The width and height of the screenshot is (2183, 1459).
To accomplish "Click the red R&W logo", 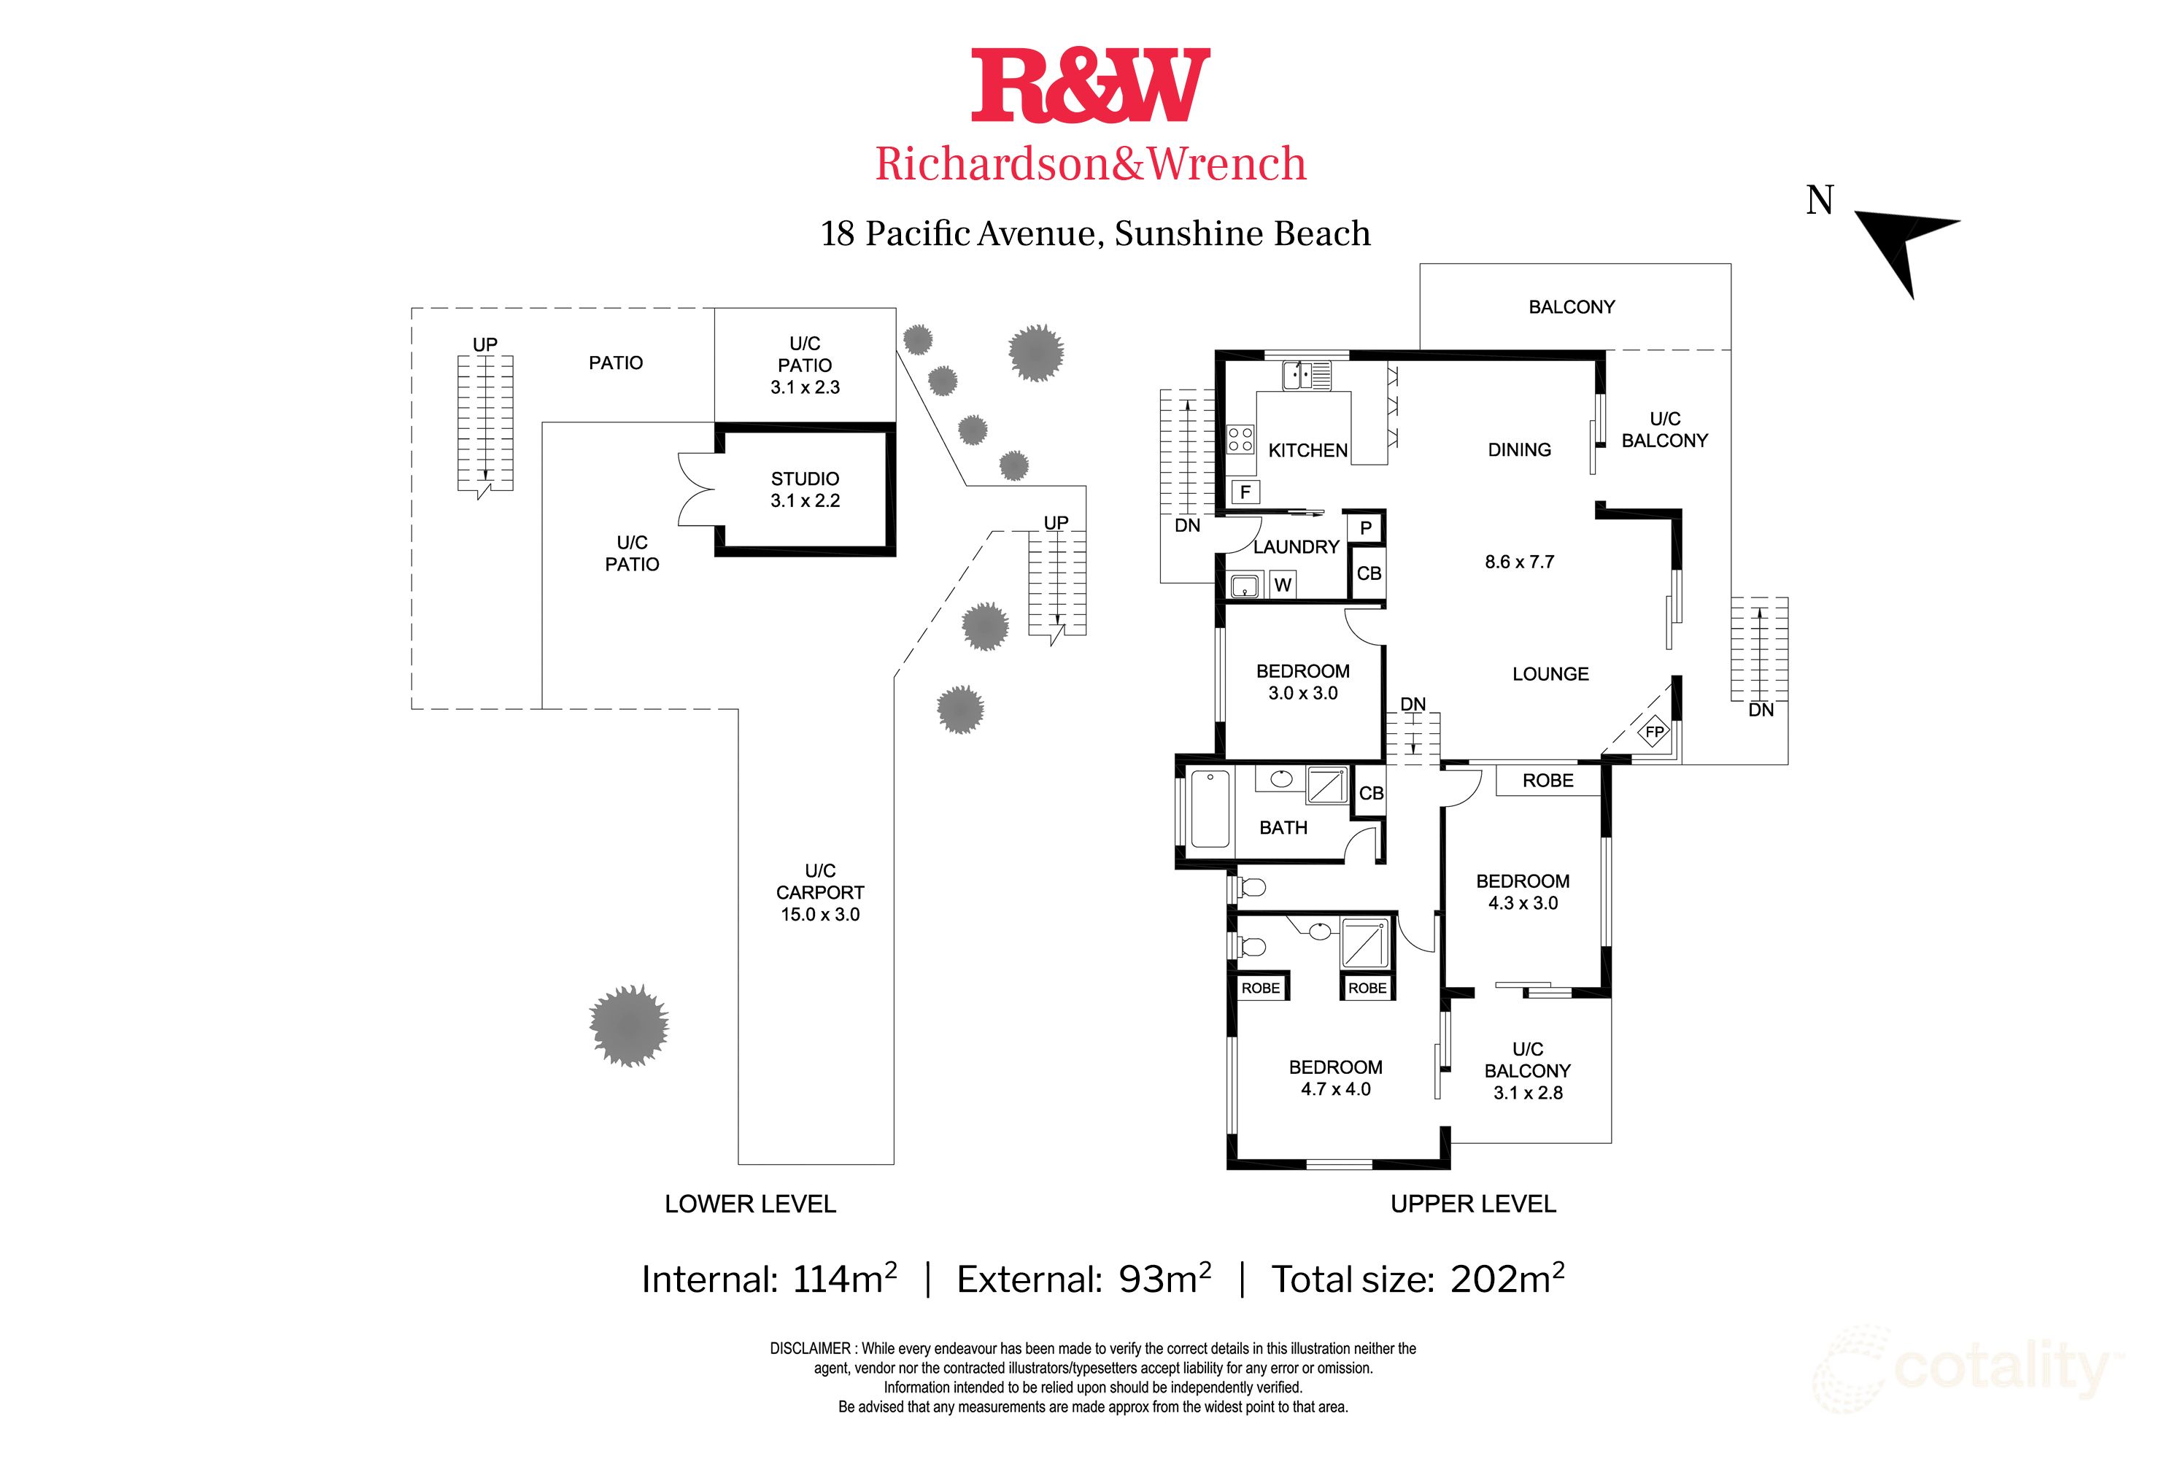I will [1091, 85].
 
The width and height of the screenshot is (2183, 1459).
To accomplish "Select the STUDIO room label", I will [805, 479].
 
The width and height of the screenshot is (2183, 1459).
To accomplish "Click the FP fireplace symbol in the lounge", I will [1653, 732].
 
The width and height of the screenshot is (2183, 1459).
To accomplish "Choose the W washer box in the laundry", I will [1282, 585].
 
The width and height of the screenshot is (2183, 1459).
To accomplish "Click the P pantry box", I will [1365, 528].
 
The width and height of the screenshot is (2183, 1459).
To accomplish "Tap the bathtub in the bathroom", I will [1210, 808].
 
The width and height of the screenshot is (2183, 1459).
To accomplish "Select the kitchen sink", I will [1307, 376].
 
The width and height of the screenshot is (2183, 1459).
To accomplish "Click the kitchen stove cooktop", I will [1240, 439].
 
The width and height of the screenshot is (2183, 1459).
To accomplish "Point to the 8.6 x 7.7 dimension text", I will [1518, 562].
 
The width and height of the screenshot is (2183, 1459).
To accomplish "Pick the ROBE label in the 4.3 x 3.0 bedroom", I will [1548, 781].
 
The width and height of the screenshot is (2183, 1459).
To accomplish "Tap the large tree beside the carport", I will [629, 1026].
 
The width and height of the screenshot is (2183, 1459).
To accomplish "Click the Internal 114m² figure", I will [768, 1280].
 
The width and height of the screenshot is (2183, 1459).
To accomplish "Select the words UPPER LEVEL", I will [1472, 1204].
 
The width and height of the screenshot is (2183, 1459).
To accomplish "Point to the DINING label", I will [1518, 450].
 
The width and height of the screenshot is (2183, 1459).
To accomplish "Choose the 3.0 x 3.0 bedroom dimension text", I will [1303, 693].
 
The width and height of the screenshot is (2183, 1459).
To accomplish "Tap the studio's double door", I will [698, 489].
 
